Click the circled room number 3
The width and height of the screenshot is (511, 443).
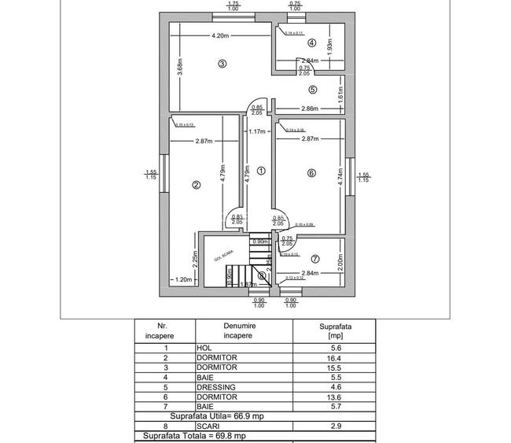(x=222, y=64)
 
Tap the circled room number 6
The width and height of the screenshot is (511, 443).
(x=311, y=173)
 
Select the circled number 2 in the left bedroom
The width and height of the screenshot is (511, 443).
(x=197, y=186)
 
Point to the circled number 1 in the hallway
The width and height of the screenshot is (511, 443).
(x=261, y=170)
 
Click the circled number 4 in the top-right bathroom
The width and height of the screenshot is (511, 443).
(x=312, y=43)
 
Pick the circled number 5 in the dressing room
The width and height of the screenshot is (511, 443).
(x=312, y=90)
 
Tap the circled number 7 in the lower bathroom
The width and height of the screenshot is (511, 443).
(x=315, y=258)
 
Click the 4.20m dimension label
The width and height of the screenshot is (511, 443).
(x=220, y=36)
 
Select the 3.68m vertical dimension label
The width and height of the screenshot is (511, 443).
(x=180, y=67)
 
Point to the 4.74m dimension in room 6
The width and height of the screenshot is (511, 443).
(x=340, y=175)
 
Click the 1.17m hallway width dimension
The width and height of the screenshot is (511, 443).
(x=257, y=131)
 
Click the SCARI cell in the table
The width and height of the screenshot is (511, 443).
(x=207, y=426)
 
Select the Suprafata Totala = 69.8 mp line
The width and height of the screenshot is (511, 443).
(x=194, y=435)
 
